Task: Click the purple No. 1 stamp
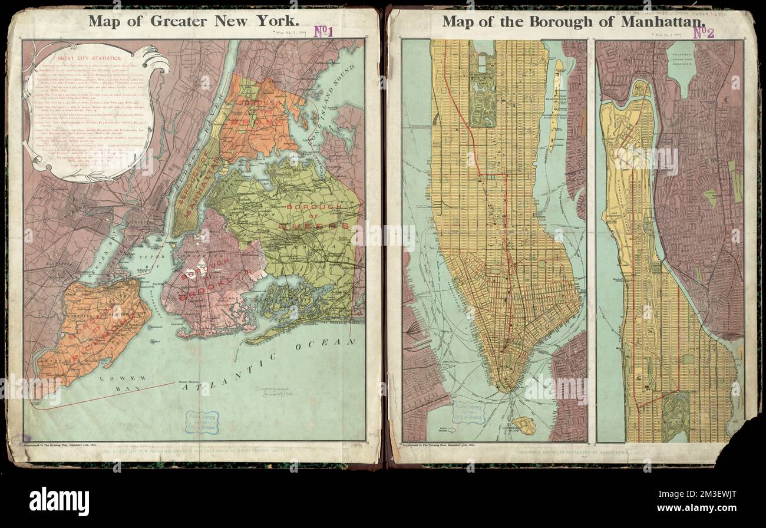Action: [323, 31]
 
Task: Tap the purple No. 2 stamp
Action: [703, 32]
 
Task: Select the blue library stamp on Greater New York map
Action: [202, 423]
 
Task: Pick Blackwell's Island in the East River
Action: [554, 106]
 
